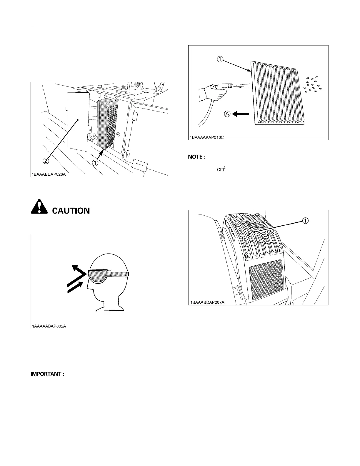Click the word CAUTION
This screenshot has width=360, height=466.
71,211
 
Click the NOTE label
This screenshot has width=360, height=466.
195,157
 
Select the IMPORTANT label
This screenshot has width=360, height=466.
47,374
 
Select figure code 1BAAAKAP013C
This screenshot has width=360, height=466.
207,137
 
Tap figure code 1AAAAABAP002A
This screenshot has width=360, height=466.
49,326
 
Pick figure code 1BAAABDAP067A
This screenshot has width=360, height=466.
207,302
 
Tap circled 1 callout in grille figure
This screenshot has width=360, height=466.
306,221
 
